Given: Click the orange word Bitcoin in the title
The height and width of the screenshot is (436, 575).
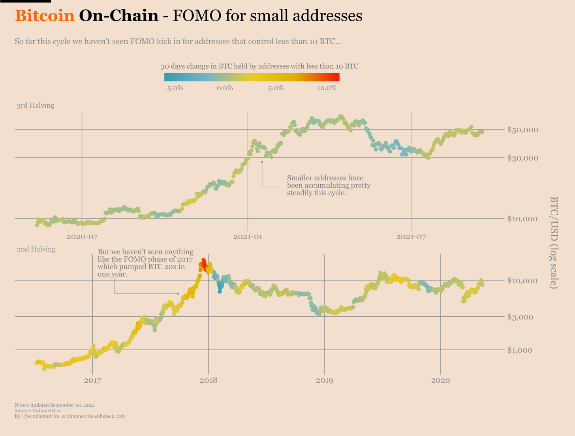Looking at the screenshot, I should [x=45, y=16].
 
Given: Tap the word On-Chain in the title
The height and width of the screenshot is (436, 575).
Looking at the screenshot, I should [x=118, y=16].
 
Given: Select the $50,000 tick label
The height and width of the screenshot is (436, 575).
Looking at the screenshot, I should [x=522, y=130].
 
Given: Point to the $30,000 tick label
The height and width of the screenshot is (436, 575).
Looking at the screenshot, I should [x=522, y=158].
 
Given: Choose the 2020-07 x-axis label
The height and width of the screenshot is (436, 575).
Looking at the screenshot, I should [x=82, y=237].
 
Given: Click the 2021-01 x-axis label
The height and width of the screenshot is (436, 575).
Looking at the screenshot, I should [x=248, y=237].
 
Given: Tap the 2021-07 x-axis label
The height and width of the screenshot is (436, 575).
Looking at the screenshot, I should [x=411, y=237].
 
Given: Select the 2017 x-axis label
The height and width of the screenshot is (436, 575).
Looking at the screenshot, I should [x=92, y=381].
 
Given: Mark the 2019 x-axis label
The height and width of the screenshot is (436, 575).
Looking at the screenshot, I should [x=324, y=381].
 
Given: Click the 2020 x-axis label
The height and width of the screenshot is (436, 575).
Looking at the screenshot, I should [x=440, y=381].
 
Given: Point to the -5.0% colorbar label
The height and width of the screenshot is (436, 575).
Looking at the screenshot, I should [x=173, y=88].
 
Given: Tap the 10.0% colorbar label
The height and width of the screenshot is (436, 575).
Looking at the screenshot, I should [x=327, y=88].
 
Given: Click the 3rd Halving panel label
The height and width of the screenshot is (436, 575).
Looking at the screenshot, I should [x=36, y=106].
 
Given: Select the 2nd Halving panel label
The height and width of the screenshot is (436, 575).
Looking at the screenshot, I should [x=36, y=249].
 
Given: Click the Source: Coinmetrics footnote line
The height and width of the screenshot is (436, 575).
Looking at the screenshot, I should [x=37, y=411].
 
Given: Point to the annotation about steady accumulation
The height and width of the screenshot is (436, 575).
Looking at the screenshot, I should [x=328, y=185].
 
